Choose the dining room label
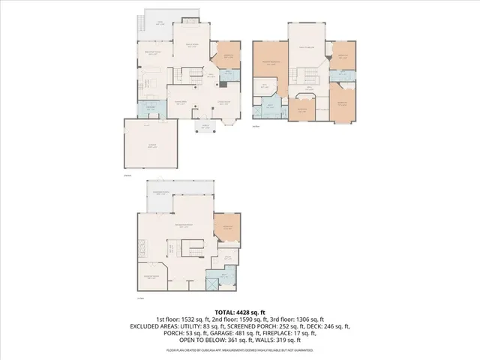click(180, 103)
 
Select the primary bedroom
click(268, 65)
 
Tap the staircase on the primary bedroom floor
click(307, 76)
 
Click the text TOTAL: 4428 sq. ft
click(240, 311)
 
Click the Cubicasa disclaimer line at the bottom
click(240, 349)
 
